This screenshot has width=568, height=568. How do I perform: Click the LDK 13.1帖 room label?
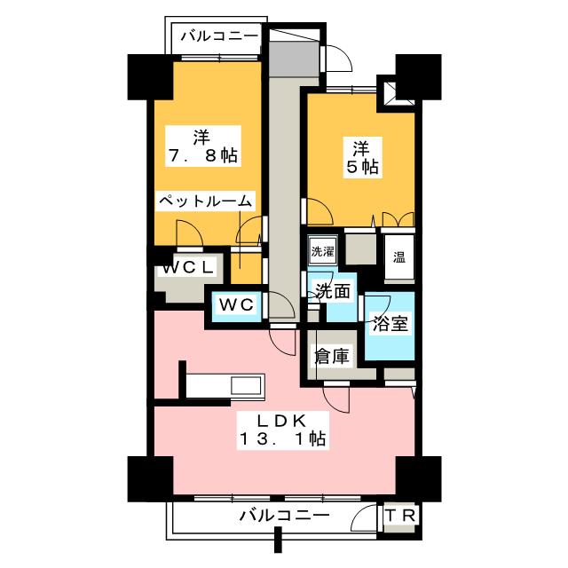pyautogui.click(x=283, y=430)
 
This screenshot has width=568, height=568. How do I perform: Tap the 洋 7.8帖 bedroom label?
pyautogui.click(x=203, y=146)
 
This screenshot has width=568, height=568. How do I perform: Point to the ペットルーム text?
pyautogui.click(x=206, y=201)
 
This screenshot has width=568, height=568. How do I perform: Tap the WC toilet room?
pyautogui.click(x=236, y=306)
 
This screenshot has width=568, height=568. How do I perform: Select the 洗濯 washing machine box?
pyautogui.click(x=322, y=250)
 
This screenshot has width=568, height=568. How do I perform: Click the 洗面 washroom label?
pyautogui.click(x=333, y=291)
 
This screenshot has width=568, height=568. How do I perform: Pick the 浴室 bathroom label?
pyautogui.click(x=390, y=323)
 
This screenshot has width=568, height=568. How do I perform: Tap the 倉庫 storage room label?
pyautogui.click(x=332, y=356)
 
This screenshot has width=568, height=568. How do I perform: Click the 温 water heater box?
pyautogui.click(x=399, y=257)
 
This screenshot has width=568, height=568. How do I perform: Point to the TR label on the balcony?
pyautogui.click(x=400, y=516)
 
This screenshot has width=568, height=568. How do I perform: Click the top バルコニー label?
pyautogui.click(x=219, y=36)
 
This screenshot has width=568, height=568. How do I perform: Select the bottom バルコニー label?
pyautogui.click(x=285, y=515)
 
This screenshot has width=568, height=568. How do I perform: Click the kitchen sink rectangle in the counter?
pyautogui.click(x=247, y=385)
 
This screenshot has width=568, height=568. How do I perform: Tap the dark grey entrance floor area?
pyautogui.click(x=294, y=59)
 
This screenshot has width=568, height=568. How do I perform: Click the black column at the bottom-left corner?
pyautogui.click(x=150, y=479)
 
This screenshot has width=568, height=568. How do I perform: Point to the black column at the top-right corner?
pyautogui.click(x=418, y=77)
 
